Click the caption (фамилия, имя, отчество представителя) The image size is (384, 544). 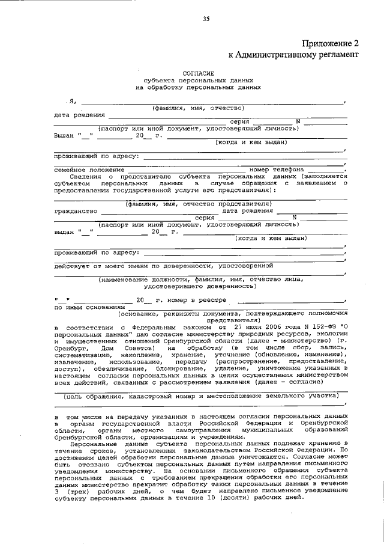[x=198, y=204]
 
